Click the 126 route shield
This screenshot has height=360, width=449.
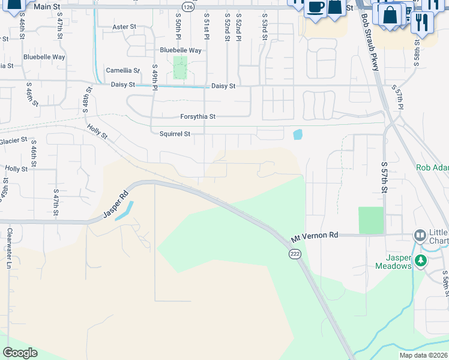click(188, 7)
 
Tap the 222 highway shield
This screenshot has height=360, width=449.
click(294, 254)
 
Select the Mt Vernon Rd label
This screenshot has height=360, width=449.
click(315, 236)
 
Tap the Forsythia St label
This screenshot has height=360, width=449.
click(197, 116)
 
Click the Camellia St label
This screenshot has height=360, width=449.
click(122, 70)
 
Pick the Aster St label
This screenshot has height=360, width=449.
click(125, 27)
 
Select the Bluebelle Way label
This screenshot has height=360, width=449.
click(180, 50)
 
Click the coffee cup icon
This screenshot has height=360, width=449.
click(315, 7)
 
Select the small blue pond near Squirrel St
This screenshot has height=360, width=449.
click(298, 134)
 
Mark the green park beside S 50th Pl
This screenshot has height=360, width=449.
click(180, 68)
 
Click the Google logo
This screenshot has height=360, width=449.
click(20, 353)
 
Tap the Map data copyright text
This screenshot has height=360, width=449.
click(423, 355)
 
